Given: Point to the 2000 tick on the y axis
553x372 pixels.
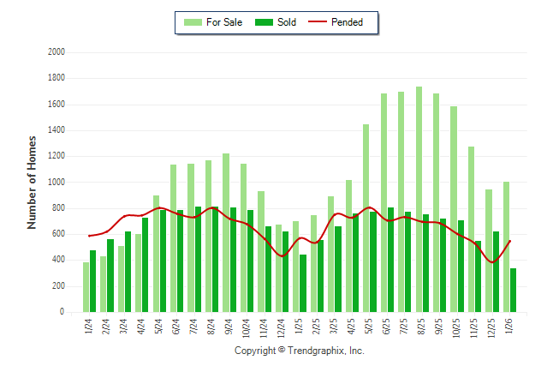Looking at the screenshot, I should coord(57,52).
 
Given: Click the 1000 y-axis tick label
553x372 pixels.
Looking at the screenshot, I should coord(57,183).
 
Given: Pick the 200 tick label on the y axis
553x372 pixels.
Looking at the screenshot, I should coord(60,286).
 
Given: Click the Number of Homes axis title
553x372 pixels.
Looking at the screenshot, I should coord(33,182).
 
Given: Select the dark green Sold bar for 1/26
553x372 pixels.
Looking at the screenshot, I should coord(513,291).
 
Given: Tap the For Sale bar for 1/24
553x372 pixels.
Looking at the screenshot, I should coord(86,287).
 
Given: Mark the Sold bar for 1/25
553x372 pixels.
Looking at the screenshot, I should coord(302,284).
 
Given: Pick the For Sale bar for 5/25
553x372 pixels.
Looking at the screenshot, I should coord(366,219).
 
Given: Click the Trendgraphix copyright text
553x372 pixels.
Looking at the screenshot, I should coord(300,351).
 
